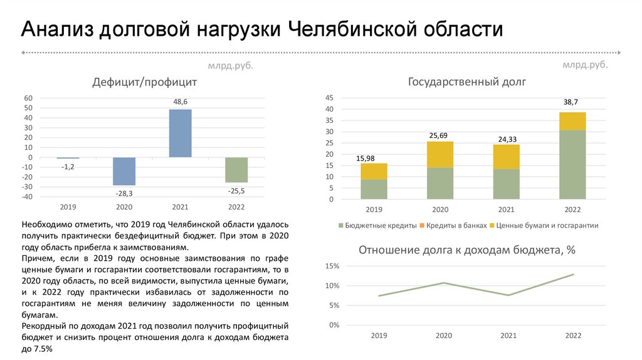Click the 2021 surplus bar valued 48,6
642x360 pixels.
(181, 133)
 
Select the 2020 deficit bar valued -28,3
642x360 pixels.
(124, 171)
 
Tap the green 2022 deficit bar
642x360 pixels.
(236, 169)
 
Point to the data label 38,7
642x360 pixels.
(571, 102)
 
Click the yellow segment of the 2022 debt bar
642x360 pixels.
(572, 121)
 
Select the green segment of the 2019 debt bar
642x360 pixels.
(374, 189)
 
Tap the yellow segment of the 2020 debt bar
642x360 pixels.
(440, 154)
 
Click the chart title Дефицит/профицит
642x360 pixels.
(145, 82)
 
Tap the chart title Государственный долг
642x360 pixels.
(467, 82)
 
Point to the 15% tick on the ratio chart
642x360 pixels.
(332, 267)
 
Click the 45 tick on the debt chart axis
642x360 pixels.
(329, 98)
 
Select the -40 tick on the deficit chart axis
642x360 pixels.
(28, 197)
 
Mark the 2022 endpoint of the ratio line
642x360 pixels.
(573, 274)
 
